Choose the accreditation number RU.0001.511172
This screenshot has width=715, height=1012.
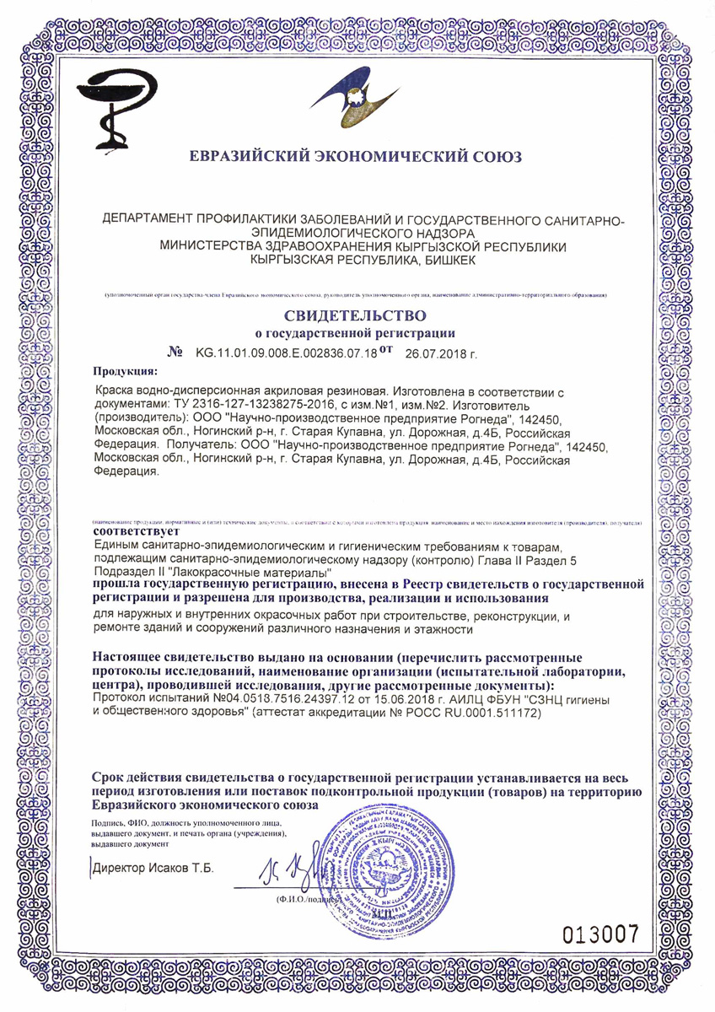[x=487, y=713]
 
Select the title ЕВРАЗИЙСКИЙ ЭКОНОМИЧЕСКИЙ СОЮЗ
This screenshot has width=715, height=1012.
[x=356, y=156]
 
